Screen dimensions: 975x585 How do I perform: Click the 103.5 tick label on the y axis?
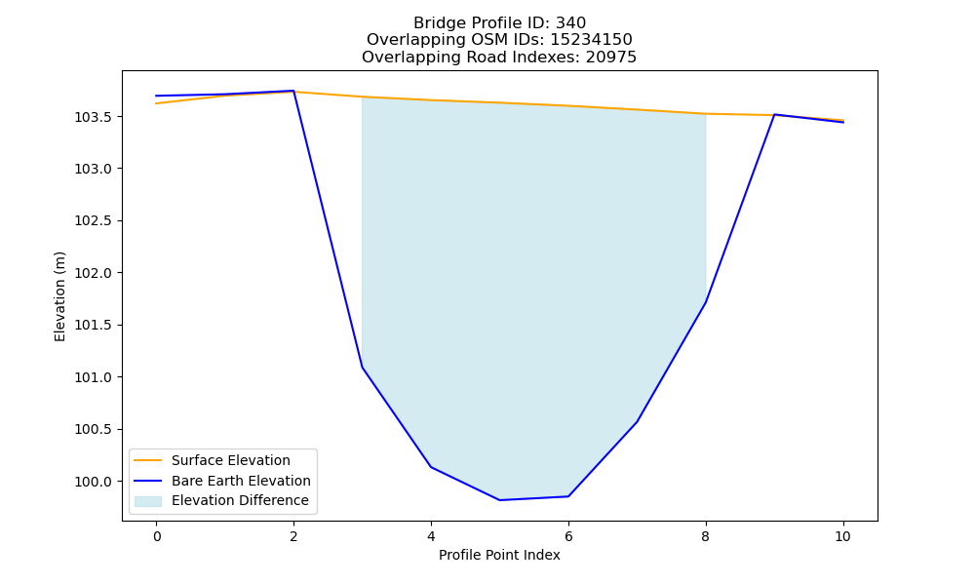pyautogui.click(x=95, y=118)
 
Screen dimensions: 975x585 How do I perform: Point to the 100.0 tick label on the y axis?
pyautogui.click(x=95, y=482)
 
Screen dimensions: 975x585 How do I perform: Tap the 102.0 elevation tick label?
pyautogui.click(x=95, y=274)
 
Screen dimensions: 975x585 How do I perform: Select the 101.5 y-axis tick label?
pyautogui.click(x=95, y=326)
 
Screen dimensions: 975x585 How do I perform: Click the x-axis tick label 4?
pyautogui.click(x=431, y=536)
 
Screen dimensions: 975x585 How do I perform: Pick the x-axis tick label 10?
pyautogui.click(x=842, y=536)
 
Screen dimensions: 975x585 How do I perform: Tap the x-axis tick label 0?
pyautogui.click(x=157, y=536)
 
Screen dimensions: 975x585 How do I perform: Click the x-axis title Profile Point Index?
pyautogui.click(x=499, y=555)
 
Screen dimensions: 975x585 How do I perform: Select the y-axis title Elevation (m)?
pyautogui.click(x=59, y=296)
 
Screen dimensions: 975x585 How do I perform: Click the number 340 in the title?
pyautogui.click(x=570, y=23)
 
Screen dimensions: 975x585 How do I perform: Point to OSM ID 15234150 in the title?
pyautogui.click(x=592, y=40)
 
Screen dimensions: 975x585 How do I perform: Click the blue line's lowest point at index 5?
pyautogui.click(x=499, y=500)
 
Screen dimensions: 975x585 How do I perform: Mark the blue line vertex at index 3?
pyautogui.click(x=362, y=368)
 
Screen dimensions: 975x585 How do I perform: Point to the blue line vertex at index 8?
pyautogui.click(x=705, y=303)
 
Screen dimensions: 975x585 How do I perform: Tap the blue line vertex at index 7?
pyautogui.click(x=637, y=422)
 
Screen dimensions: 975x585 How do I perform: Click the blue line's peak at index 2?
pyautogui.click(x=293, y=91)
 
